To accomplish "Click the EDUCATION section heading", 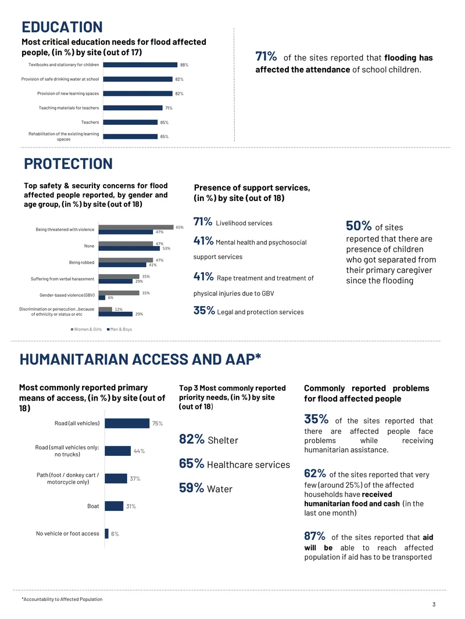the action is point(62,27).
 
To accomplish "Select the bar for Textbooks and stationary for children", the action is point(140,64).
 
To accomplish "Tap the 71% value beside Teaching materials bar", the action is point(169,108).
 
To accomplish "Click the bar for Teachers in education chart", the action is point(130,123).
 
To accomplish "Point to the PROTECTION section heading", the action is point(69,164).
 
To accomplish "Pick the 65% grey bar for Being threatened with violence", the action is point(136,227).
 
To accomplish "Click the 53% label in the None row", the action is point(166,249).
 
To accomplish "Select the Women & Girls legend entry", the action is point(86,329).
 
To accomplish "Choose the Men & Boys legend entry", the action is point(119,329).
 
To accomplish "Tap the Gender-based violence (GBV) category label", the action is point(67,296).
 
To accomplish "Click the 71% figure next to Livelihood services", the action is point(203,222).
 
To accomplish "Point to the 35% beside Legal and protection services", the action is point(204,311).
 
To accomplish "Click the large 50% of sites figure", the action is point(358,226).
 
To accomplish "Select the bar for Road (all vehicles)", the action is point(127,423).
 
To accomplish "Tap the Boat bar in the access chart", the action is point(114,506).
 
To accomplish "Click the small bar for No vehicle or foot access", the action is point(107,534).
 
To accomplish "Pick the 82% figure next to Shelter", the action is point(192,439).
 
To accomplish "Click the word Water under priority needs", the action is point(220,489).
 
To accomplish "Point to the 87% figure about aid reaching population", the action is point(314,536).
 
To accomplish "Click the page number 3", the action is point(434,604).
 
